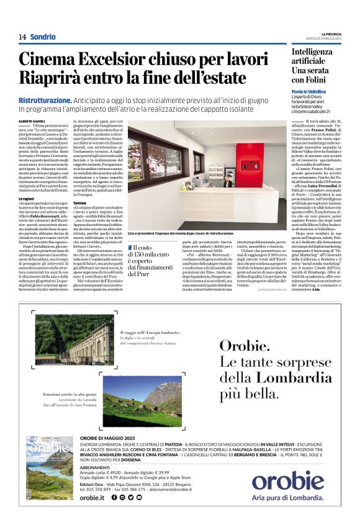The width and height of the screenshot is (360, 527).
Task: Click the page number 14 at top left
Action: [x=22, y=37]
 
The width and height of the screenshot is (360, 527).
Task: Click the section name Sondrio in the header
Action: [x=43, y=37]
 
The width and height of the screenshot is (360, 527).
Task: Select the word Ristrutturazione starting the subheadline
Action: [x=45, y=100]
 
